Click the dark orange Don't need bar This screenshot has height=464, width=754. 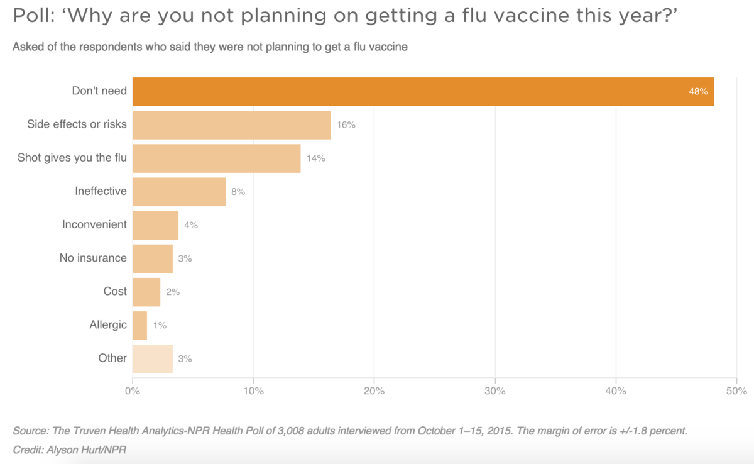(423, 92)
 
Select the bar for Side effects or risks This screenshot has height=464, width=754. (231, 124)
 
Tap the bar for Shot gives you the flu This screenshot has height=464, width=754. (216, 158)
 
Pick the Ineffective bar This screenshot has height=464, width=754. (179, 192)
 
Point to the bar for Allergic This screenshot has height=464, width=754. (139, 325)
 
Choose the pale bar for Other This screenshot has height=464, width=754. (153, 358)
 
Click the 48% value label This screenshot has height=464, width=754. (698, 92)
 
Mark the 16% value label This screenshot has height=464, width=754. (346, 125)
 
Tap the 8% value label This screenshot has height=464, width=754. (238, 192)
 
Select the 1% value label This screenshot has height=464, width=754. (160, 326)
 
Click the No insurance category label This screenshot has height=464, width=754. (93, 258)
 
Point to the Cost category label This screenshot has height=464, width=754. (115, 291)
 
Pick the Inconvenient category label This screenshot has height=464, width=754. (94, 224)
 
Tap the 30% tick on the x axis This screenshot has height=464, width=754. (495, 392)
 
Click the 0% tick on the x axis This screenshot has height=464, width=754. (133, 392)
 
